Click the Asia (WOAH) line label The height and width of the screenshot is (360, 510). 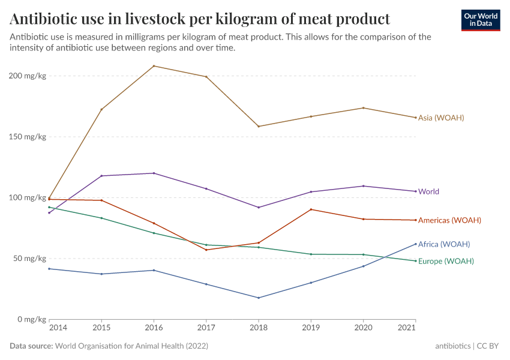click(441, 118)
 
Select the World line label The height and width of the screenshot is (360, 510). click(428, 192)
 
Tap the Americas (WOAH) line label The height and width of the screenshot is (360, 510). click(449, 220)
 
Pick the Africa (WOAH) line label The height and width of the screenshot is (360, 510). click(443, 244)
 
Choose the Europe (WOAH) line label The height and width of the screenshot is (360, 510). click(446, 261)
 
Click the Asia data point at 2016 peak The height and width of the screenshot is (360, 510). click(154, 66)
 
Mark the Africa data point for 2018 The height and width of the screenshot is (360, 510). click(259, 298)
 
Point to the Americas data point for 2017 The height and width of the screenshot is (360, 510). click(206, 250)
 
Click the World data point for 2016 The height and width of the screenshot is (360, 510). click(154, 173)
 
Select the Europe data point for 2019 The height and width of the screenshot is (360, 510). click(311, 254)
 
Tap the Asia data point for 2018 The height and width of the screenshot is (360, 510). click(259, 126)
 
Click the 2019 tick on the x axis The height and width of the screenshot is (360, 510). click(311, 328)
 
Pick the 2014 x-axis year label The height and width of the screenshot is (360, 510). click(58, 328)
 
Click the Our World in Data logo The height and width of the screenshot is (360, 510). click(481, 20)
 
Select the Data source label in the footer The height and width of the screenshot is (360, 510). click(31, 346)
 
